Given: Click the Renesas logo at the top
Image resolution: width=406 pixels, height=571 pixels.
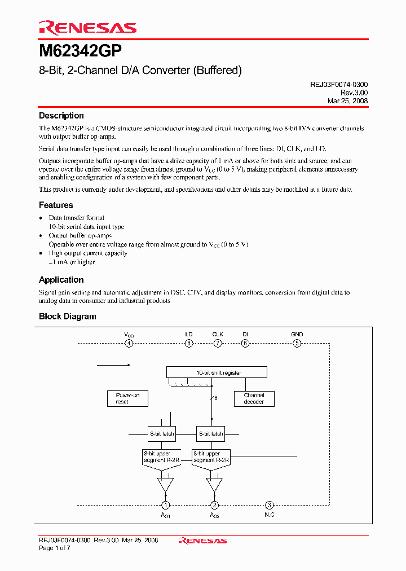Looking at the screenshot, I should click(87, 28).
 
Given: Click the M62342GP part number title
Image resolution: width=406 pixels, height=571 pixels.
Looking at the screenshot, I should click(80, 52).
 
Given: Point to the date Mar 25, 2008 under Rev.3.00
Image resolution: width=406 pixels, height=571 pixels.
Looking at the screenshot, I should click(347, 101).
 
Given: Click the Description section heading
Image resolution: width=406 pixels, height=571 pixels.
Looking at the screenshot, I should click(61, 116).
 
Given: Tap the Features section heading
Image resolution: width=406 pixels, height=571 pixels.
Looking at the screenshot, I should click(56, 205).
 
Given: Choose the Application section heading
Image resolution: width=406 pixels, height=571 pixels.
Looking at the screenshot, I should click(61, 280).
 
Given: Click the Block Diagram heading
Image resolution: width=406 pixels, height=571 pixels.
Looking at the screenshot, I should click(68, 317).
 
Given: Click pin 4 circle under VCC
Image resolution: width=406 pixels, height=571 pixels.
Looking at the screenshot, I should click(129, 343).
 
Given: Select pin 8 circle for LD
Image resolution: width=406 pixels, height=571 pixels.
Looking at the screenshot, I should click(189, 343).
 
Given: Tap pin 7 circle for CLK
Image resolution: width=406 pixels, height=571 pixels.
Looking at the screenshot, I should click(217, 343).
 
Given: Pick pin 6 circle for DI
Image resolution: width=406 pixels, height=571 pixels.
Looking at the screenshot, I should click(245, 343).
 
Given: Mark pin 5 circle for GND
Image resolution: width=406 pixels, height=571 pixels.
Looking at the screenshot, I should click(297, 343).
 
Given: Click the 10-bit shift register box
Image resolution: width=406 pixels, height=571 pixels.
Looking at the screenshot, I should click(216, 372).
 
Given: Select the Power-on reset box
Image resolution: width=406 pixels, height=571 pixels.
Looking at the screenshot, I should click(127, 398).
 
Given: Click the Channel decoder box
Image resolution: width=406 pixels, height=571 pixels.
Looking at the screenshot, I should click(254, 398).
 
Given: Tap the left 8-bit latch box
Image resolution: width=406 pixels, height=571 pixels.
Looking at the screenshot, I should click(162, 434).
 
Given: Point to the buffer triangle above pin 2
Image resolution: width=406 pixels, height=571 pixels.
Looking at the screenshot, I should click(214, 485).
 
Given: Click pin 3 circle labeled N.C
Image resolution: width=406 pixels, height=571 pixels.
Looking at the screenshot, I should click(270, 506).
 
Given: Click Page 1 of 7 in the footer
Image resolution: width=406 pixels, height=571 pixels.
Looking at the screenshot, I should click(55, 548).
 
